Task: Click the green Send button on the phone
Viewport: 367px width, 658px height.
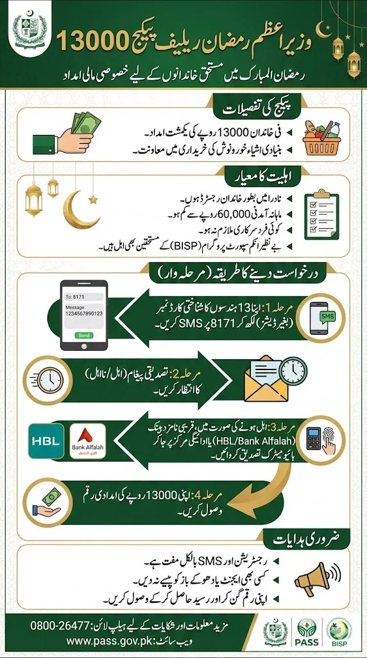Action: [x=83, y=336]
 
